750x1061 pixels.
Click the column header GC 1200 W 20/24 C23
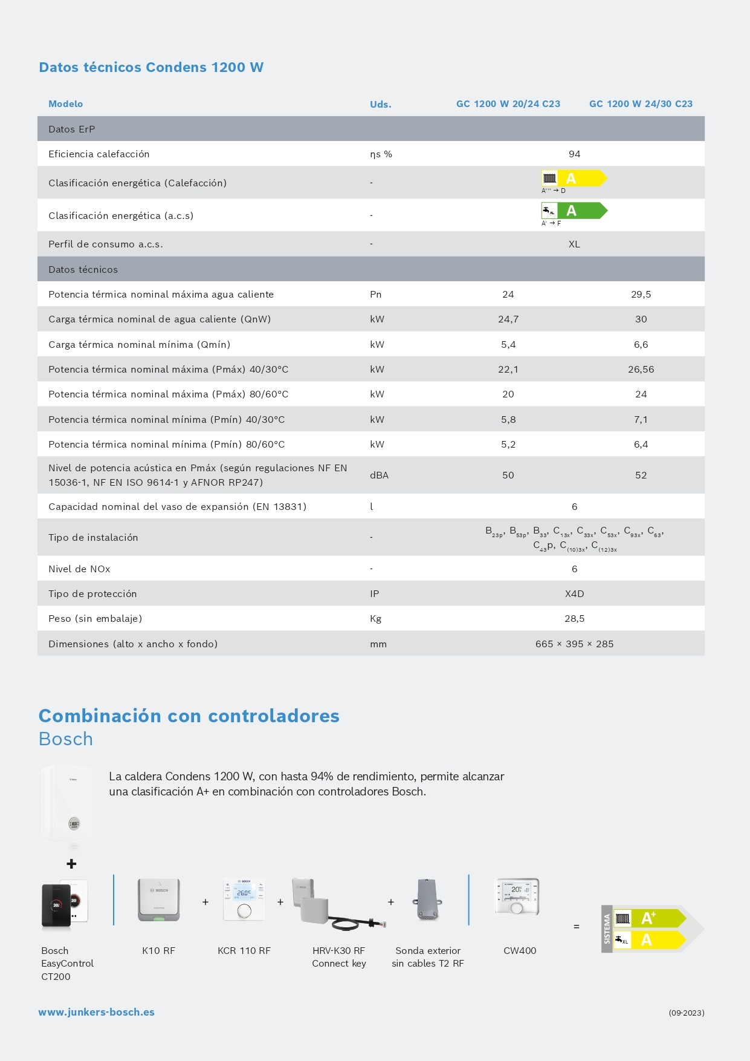click(508, 104)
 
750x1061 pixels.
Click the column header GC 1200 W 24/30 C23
click(641, 104)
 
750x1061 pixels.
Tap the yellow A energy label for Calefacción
click(574, 178)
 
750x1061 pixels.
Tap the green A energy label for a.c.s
click(574, 211)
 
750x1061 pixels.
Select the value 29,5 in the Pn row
click(641, 295)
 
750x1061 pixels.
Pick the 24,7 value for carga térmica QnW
click(508, 319)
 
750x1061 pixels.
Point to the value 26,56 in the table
click(641, 370)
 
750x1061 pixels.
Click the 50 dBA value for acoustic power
click(508, 475)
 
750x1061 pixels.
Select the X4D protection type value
click(574, 594)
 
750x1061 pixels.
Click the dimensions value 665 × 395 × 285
click(574, 644)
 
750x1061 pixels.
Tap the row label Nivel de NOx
click(79, 569)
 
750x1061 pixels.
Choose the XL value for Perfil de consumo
click(574, 244)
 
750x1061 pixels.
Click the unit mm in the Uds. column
click(378, 644)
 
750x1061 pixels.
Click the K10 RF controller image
click(158, 900)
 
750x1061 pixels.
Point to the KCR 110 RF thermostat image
click(244, 899)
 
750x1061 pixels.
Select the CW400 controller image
click(517, 896)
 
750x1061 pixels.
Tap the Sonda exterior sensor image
click(428, 900)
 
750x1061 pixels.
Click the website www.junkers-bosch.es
click(97, 1012)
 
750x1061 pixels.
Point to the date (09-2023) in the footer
click(686, 1013)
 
